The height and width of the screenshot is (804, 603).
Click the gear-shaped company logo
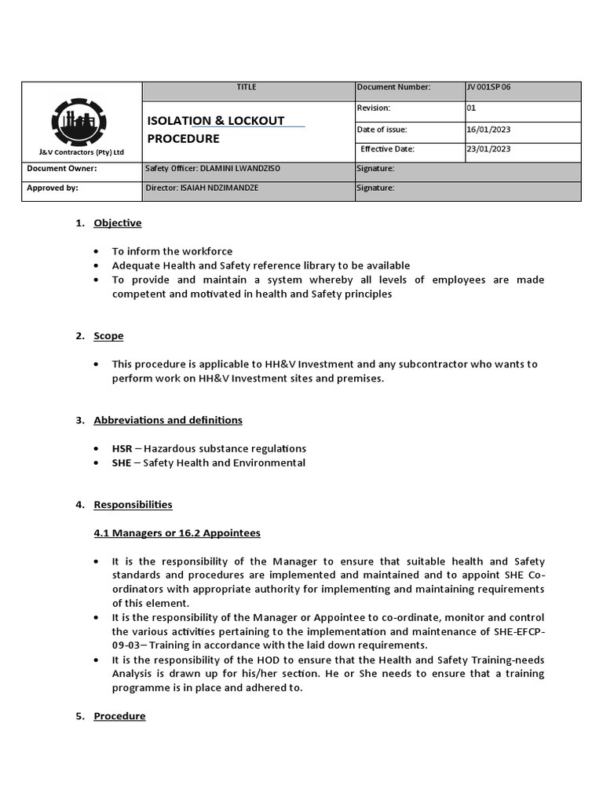pyautogui.click(x=82, y=121)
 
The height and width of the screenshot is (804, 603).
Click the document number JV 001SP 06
pyautogui.click(x=488, y=87)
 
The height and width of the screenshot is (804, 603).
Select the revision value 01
pyautogui.click(x=472, y=108)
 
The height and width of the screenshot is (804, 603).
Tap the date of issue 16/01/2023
pyautogui.click(x=488, y=130)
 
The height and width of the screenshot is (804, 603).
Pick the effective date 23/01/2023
pyautogui.click(x=488, y=148)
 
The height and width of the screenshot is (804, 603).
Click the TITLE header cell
pyautogui.click(x=247, y=87)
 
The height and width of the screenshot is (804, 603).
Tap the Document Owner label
pyautogui.click(x=62, y=169)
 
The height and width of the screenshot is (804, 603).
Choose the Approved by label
pyautogui.click(x=53, y=188)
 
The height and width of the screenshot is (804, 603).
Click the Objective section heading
pyautogui.click(x=118, y=223)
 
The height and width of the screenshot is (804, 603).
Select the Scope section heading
pyautogui.click(x=108, y=336)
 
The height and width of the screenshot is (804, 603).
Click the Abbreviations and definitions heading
pyautogui.click(x=168, y=420)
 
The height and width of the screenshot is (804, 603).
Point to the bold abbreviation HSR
pyautogui.click(x=122, y=449)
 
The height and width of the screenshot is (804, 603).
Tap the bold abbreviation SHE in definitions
pyautogui.click(x=122, y=463)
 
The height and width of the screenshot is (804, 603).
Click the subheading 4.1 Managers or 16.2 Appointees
pyautogui.click(x=177, y=533)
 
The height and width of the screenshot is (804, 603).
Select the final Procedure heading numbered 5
pyautogui.click(x=119, y=716)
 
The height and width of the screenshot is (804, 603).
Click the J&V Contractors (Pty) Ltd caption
pyautogui.click(x=82, y=152)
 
